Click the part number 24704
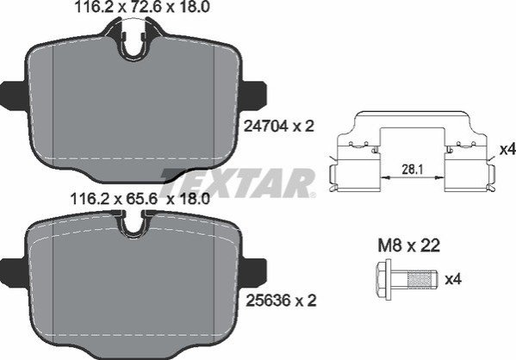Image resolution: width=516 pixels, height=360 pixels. pos(266,126)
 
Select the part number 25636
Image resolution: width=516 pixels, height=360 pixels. pos(268,300)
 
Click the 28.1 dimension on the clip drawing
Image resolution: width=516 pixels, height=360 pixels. pos(412,170)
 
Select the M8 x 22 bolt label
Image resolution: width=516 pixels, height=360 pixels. pos(408,245)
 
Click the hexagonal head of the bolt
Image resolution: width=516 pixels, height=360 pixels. pos(383,280)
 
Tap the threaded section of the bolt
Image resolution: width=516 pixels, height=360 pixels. pos(419,280)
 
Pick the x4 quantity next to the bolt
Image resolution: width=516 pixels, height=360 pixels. pos(453,279)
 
